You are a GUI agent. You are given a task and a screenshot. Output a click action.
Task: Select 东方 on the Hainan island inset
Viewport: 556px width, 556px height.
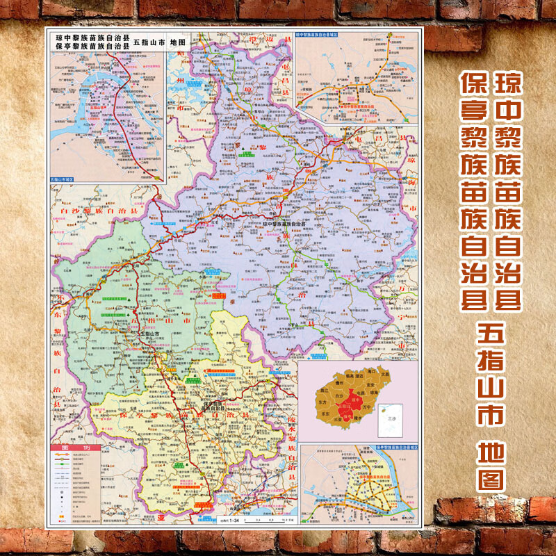pos(322,402)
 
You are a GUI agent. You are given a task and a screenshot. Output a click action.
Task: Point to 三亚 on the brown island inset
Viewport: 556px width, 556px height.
pos(338,420)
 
